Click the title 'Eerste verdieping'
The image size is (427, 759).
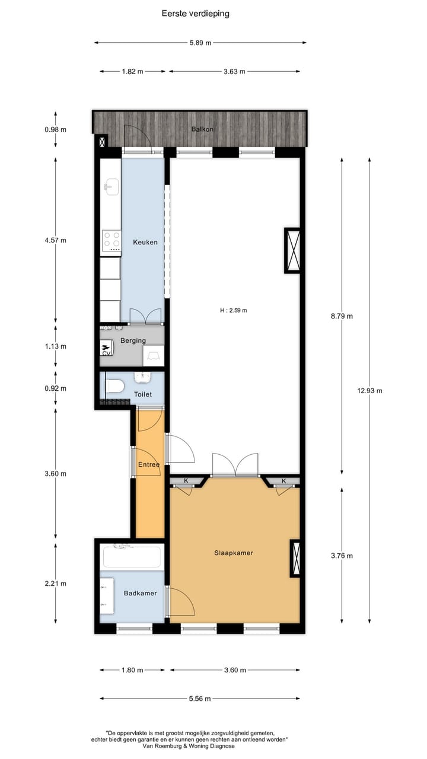(195, 13)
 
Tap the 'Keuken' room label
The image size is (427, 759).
(145, 242)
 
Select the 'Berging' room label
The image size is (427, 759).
(133, 341)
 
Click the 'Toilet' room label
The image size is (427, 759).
(143, 394)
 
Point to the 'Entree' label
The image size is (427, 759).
(148, 465)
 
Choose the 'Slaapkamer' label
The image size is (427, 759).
(234, 553)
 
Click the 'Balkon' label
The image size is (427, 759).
(202, 129)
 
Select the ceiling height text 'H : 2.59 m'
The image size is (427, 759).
(233, 310)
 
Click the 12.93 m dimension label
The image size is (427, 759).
(369, 391)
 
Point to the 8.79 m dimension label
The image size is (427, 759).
(341, 316)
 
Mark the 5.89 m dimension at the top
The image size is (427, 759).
(200, 43)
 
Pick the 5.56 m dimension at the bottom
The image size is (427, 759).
(199, 699)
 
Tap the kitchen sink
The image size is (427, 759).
(111, 189)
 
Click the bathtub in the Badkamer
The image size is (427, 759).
(132, 557)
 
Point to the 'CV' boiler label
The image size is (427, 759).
(107, 353)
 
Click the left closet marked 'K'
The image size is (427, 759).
(186, 481)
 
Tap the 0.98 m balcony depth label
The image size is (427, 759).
(55, 130)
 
